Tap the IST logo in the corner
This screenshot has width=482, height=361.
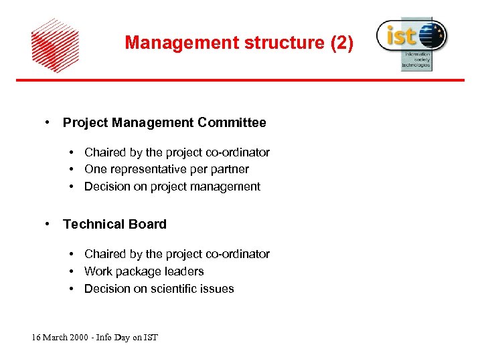[x=410, y=42]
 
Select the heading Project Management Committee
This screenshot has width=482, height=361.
[x=164, y=123]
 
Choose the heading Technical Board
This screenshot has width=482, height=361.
[x=114, y=225]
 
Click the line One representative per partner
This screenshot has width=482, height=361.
[x=166, y=170]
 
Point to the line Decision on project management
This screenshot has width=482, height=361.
[x=172, y=187]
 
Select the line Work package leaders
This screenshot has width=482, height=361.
[x=144, y=271]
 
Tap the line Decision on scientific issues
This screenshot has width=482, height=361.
[x=159, y=289]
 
